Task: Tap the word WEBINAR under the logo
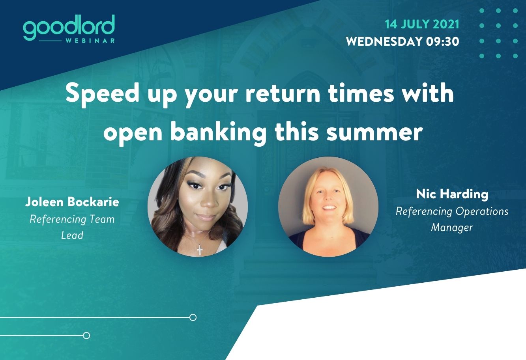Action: click(x=90, y=41)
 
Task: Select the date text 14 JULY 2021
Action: click(x=422, y=24)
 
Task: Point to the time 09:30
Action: click(x=443, y=41)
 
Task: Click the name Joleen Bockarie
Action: click(x=72, y=202)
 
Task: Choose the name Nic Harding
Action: click(x=452, y=194)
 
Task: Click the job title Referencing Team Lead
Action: click(x=72, y=227)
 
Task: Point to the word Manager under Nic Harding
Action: click(x=452, y=228)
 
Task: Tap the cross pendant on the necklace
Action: click(x=200, y=250)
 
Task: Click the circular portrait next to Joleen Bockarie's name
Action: click(x=198, y=207)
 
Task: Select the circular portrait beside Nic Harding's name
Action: click(x=328, y=207)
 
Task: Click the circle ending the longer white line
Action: click(x=193, y=317)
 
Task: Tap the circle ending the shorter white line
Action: click(x=86, y=336)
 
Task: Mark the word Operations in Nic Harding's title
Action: click(x=482, y=212)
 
